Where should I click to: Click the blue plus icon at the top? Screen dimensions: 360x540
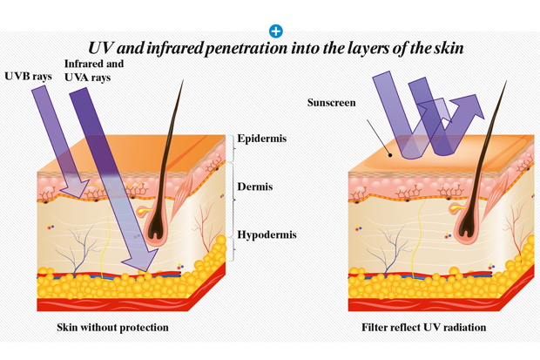(275, 31)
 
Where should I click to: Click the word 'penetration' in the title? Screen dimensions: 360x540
(241, 47)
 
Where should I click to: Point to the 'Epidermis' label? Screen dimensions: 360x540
(262, 138)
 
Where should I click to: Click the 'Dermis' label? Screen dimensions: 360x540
(254, 187)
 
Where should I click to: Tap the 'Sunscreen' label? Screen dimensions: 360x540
(332, 104)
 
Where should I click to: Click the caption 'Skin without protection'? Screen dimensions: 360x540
(112, 328)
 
